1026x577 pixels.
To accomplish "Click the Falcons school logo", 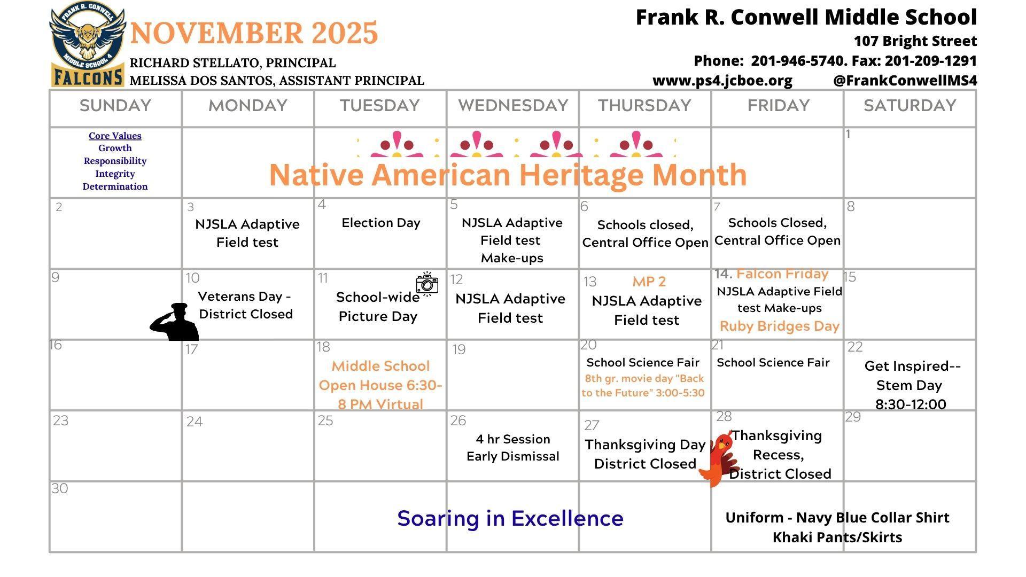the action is point(88,44).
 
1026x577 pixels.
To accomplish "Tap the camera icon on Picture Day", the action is point(427,283).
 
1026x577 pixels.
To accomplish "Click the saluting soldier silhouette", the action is point(174,322).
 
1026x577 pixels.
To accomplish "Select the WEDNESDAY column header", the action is point(513,106).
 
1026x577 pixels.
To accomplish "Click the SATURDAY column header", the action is point(910,106).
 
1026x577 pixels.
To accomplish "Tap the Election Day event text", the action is point(381,223).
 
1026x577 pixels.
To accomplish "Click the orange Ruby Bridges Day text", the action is point(780,326).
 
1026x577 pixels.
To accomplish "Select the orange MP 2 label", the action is point(649,282).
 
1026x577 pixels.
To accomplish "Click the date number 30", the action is point(60,488).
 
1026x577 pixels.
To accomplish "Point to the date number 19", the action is point(458,349).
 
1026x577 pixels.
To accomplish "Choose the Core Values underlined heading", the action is point(115,136).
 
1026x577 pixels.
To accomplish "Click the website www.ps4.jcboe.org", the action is point(722,81).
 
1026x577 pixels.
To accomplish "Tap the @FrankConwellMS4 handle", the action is point(905,81).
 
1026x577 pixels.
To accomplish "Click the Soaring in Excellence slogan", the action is point(510,518).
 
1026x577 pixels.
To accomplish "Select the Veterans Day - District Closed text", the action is point(245,305).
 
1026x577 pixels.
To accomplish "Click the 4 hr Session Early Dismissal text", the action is point(513,448).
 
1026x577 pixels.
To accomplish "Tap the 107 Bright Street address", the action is point(915,41).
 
